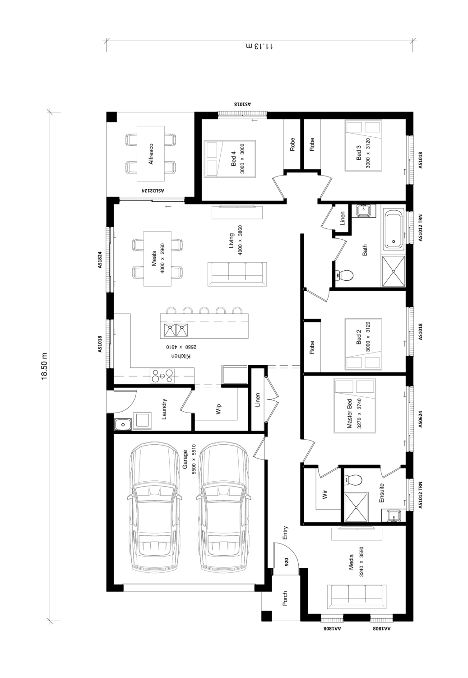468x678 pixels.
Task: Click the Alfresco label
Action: pyautogui.click(x=151, y=154)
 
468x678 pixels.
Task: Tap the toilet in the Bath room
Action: pyautogui.click(x=344, y=275)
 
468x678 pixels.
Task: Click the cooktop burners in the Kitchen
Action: pyautogui.click(x=162, y=376)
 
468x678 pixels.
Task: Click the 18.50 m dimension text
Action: pyautogui.click(x=44, y=366)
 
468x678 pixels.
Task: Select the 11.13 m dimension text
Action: pyautogui.click(x=259, y=46)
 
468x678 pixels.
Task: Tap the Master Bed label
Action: pyautogui.click(x=349, y=413)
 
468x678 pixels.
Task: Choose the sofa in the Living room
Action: pyautogui.click(x=237, y=274)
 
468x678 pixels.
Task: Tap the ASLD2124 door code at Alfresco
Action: pyautogui.click(x=153, y=190)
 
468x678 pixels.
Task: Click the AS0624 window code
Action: pyautogui.click(x=420, y=419)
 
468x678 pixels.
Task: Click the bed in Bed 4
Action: pyautogui.click(x=230, y=158)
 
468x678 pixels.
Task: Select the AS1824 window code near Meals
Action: pyautogui.click(x=100, y=260)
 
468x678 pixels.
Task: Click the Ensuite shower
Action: pyautogui.click(x=357, y=507)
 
